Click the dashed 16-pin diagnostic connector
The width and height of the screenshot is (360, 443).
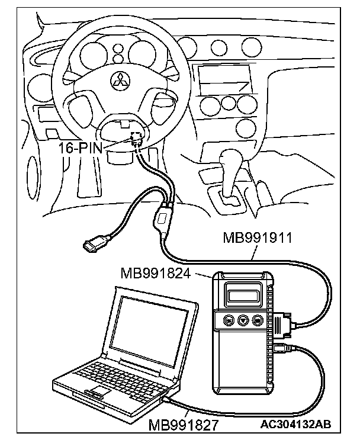click(x=137, y=139)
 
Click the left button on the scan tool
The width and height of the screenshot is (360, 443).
click(x=229, y=320)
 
